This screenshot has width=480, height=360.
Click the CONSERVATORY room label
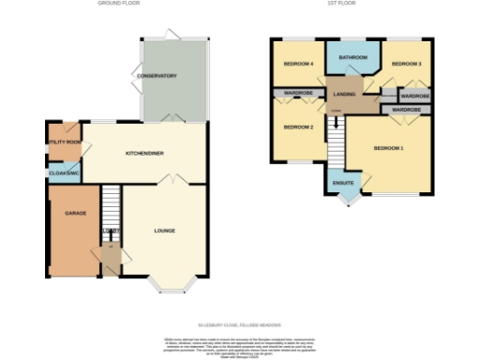tap(157, 76)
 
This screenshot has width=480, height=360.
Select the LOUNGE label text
tap(164, 230)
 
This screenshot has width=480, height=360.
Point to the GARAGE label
tap(75, 213)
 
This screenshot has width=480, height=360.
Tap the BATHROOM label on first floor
tap(352, 58)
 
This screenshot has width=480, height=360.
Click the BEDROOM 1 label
tap(388, 149)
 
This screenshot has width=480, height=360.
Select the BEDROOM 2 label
tap(297, 127)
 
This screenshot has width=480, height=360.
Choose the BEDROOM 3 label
tap(406, 63)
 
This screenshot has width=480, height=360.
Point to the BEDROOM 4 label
tap(297, 64)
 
